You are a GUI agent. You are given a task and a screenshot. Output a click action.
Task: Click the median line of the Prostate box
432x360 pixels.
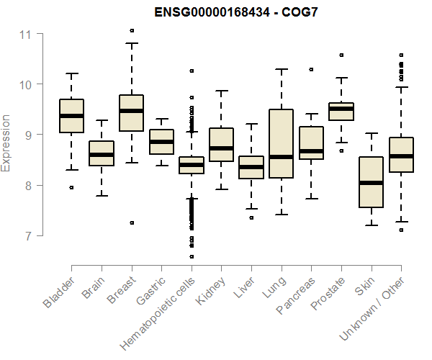tap(341, 109)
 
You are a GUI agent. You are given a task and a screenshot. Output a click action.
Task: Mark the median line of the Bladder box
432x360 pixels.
tap(71, 116)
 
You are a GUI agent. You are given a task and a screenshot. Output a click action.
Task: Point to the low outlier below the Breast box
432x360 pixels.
tap(132, 223)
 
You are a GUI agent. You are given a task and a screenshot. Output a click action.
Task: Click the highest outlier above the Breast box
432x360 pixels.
tap(132, 31)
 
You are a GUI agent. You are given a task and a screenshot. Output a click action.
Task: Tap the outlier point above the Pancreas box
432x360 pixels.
tap(311, 70)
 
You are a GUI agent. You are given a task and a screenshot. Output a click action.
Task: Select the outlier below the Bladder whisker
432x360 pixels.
tap(71, 187)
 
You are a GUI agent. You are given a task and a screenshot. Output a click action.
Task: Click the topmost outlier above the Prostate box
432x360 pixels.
tap(341, 55)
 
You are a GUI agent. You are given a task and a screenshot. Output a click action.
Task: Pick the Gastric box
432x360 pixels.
tap(161, 142)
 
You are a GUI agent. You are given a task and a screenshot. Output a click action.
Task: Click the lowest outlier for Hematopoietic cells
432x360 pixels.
tap(192, 256)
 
